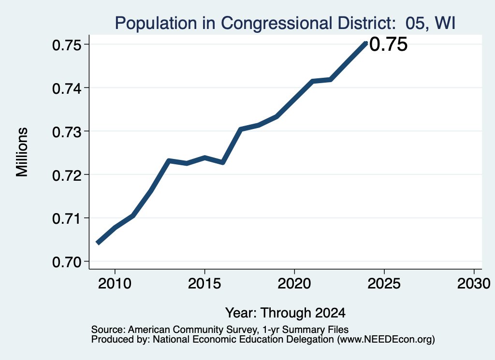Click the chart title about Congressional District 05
tap(285, 23)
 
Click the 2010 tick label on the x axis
tap(115, 284)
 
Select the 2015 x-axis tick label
tap(204, 284)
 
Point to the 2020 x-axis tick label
tap(294, 284)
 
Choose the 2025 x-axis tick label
tap(384, 284)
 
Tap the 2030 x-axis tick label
tap(474, 284)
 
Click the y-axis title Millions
tap(22, 152)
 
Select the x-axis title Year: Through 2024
tap(285, 313)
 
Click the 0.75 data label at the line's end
tap(388, 44)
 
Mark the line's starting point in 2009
tap(98, 243)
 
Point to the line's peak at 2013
tap(169, 161)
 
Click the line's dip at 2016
tap(222, 162)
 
